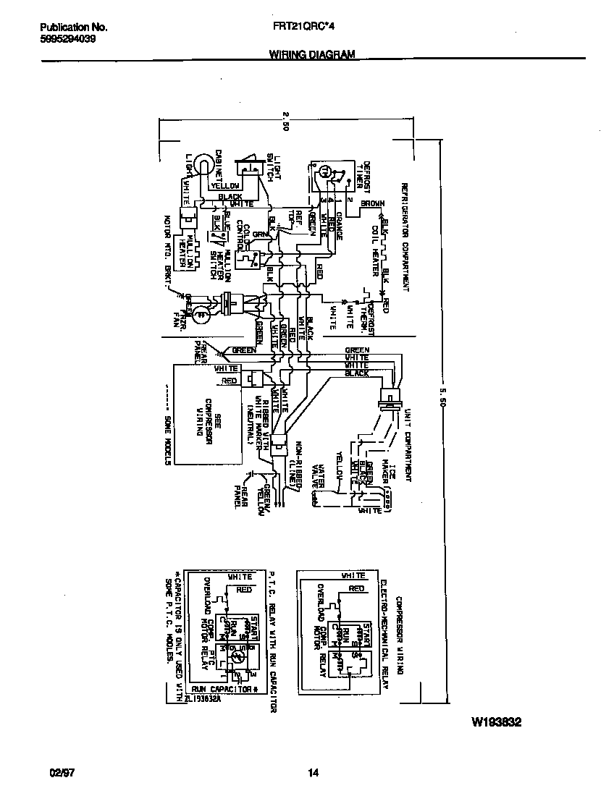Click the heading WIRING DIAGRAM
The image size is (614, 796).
(312, 54)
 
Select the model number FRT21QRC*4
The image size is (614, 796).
(314, 27)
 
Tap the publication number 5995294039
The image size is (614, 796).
(67, 39)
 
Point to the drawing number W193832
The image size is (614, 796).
(496, 722)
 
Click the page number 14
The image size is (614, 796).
(313, 774)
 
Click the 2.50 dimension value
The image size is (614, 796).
(285, 120)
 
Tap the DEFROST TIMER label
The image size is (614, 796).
(363, 173)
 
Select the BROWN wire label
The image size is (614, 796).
(372, 204)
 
